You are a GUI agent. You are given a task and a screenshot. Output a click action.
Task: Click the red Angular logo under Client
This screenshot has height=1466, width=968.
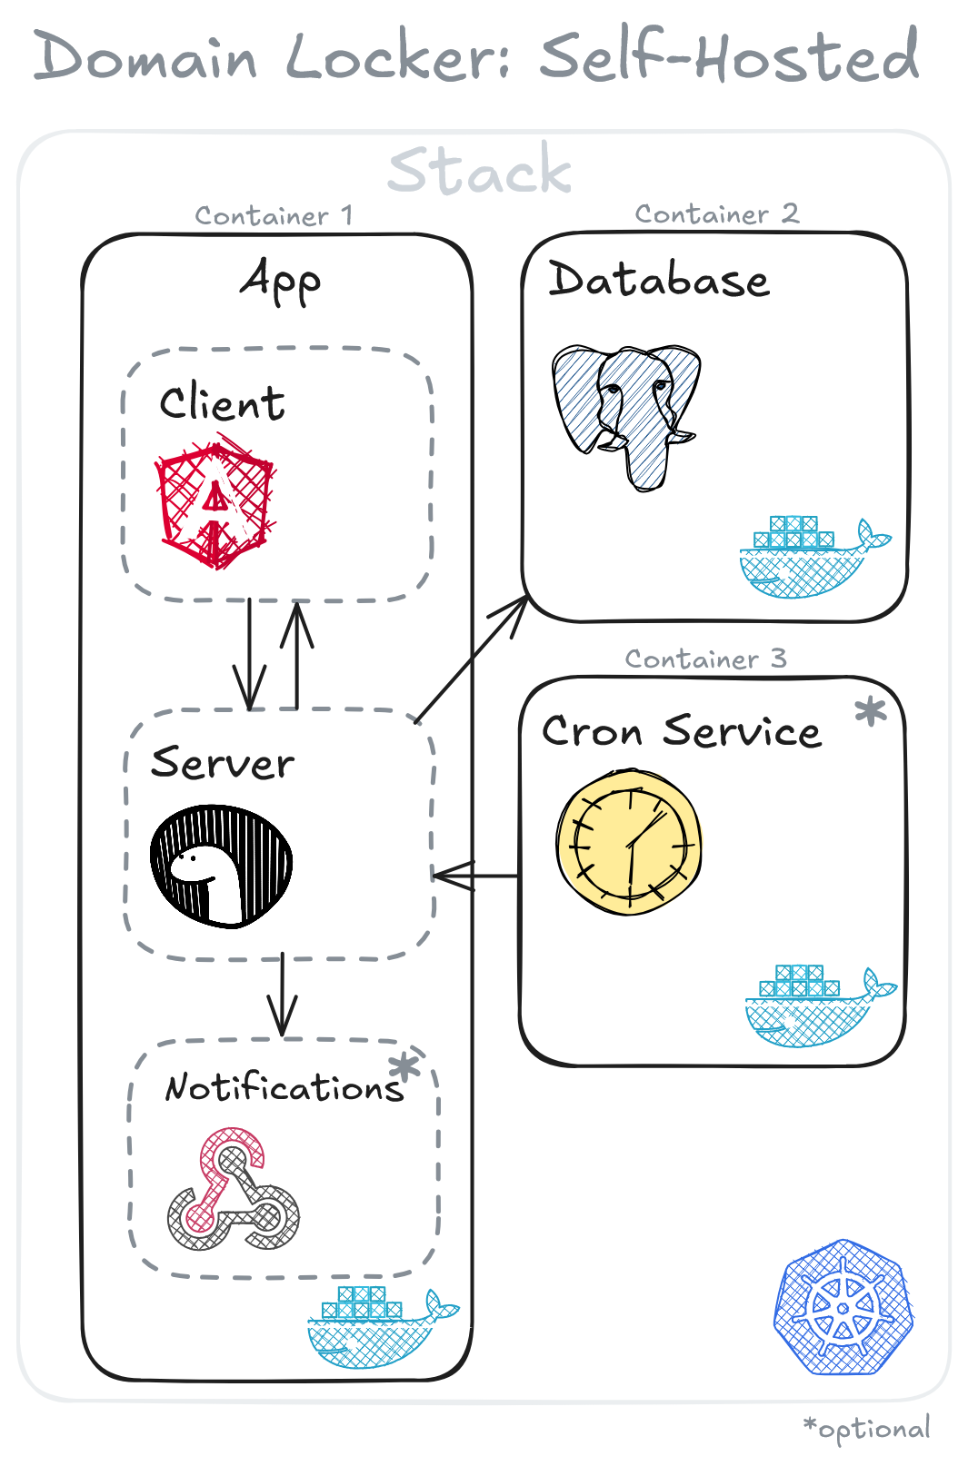[x=215, y=504]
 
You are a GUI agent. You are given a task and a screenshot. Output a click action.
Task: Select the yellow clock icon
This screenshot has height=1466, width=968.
[x=628, y=842]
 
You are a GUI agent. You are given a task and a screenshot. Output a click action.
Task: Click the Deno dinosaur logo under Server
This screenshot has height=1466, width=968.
[x=221, y=866]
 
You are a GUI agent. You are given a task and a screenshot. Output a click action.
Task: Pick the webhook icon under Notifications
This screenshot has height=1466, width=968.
[x=234, y=1189]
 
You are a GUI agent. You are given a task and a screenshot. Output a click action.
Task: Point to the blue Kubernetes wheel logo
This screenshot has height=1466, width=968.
[x=843, y=1307]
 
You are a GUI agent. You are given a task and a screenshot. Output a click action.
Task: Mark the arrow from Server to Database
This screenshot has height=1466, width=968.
[x=471, y=659]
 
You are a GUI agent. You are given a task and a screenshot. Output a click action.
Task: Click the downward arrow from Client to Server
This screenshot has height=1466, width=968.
[x=250, y=654]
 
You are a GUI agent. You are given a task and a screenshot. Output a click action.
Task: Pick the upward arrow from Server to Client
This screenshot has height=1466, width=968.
[x=296, y=654]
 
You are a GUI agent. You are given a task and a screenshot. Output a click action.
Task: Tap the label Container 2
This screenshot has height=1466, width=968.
[x=716, y=214]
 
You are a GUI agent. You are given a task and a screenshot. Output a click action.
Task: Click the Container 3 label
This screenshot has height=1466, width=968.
[x=705, y=659]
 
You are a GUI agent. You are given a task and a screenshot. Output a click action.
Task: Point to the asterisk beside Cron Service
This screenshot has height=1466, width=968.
[x=870, y=711]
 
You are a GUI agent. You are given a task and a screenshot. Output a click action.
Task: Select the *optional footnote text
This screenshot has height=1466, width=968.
[x=867, y=1429]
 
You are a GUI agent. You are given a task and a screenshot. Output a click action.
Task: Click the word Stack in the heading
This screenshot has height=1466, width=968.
[x=480, y=170]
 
